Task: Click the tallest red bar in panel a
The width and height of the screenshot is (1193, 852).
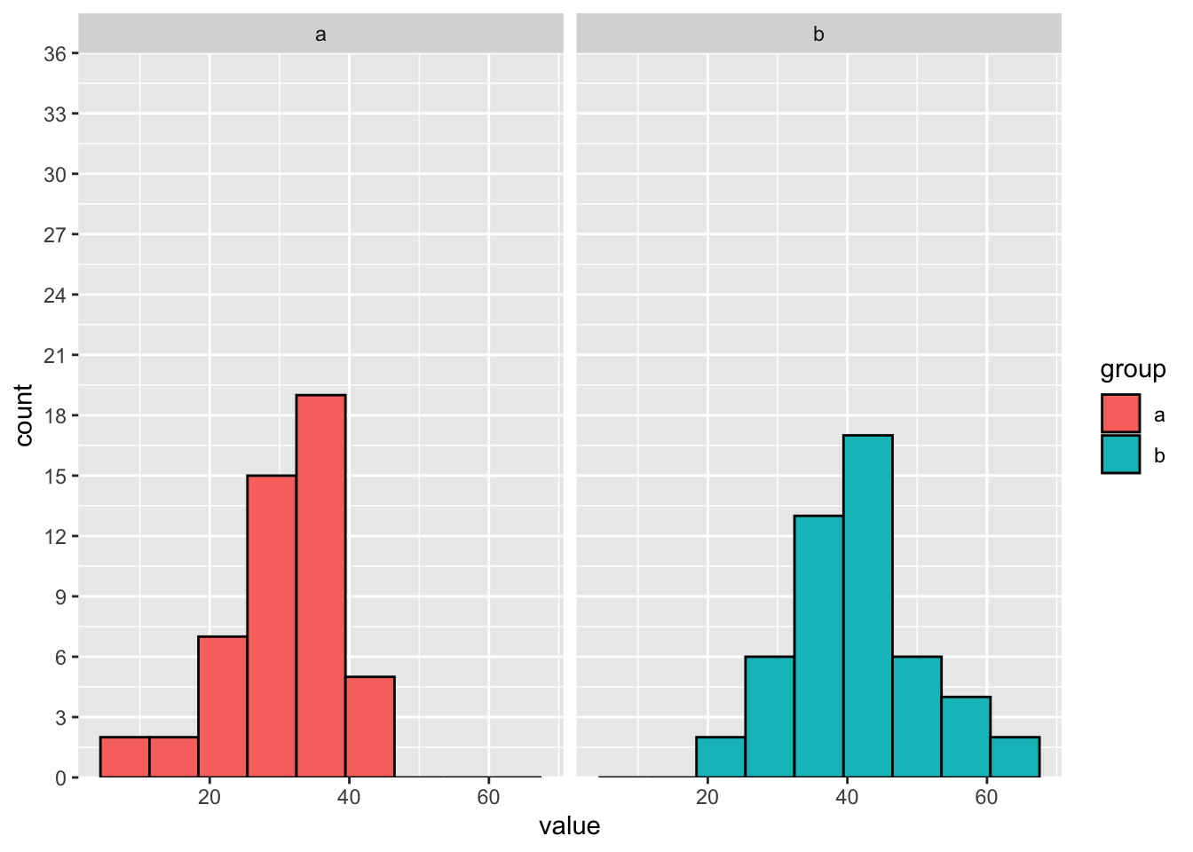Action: point(320,586)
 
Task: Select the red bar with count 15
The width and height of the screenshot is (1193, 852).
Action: point(272,626)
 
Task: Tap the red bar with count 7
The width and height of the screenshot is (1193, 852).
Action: point(223,706)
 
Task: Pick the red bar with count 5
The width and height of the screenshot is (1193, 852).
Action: point(370,727)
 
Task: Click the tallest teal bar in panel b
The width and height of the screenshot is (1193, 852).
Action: point(868,606)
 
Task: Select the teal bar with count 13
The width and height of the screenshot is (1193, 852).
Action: point(818,646)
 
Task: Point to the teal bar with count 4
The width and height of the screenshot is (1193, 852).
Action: point(966,737)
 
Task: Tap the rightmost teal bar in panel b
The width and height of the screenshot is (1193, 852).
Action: point(1015,757)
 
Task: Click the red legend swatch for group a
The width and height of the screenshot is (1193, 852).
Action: point(1120,414)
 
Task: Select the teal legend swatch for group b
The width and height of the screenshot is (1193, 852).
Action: point(1120,454)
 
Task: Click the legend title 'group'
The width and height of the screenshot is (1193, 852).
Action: point(1133,369)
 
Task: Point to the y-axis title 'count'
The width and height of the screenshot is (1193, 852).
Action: point(24,415)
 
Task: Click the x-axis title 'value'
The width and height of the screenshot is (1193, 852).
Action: point(569,826)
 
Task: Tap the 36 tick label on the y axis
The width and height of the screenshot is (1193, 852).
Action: point(55,54)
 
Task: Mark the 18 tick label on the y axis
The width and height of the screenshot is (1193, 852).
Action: point(55,415)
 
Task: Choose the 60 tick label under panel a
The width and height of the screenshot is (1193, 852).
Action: point(488,797)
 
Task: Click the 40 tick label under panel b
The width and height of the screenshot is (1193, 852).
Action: point(847,797)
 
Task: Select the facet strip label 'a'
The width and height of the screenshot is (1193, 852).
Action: point(320,35)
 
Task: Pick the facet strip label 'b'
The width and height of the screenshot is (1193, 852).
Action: point(818,35)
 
